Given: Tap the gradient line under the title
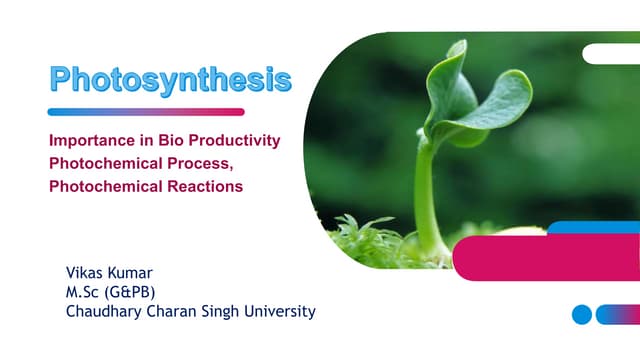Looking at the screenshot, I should pos(146,112).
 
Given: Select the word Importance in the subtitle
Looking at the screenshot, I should pos(89,142).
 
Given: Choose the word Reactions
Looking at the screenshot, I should pos(204,186).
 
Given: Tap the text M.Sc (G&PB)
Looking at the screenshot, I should pos(105,292).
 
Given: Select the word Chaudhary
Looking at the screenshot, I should pos(101,312).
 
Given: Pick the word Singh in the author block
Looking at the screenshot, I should pos(218,312).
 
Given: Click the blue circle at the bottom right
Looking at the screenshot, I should pos(582,315).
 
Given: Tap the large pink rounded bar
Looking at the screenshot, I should pos(545,258).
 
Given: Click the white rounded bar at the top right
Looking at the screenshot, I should pos(612,53).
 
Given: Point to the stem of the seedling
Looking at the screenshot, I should pos(424,195).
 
